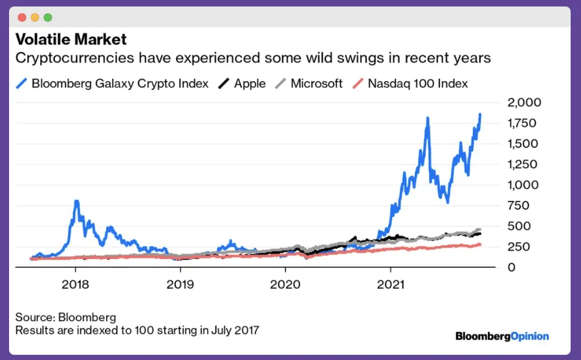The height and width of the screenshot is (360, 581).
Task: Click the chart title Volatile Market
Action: point(71,39)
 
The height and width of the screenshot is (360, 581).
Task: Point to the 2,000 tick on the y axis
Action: point(523,102)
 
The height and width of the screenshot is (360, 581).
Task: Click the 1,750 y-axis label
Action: point(523,123)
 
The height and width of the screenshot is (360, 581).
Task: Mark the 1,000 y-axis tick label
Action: point(523,185)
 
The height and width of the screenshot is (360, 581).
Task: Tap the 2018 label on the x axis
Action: point(75,284)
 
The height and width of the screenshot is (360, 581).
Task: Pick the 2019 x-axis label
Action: point(181,284)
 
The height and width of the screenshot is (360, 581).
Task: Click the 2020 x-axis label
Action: point(285,284)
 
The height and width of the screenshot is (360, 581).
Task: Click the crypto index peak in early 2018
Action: point(76,202)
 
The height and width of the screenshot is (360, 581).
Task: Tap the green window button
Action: point(48,17)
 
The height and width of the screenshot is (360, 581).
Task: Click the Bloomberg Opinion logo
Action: point(502,336)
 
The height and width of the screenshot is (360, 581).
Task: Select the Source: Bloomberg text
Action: point(66,317)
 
